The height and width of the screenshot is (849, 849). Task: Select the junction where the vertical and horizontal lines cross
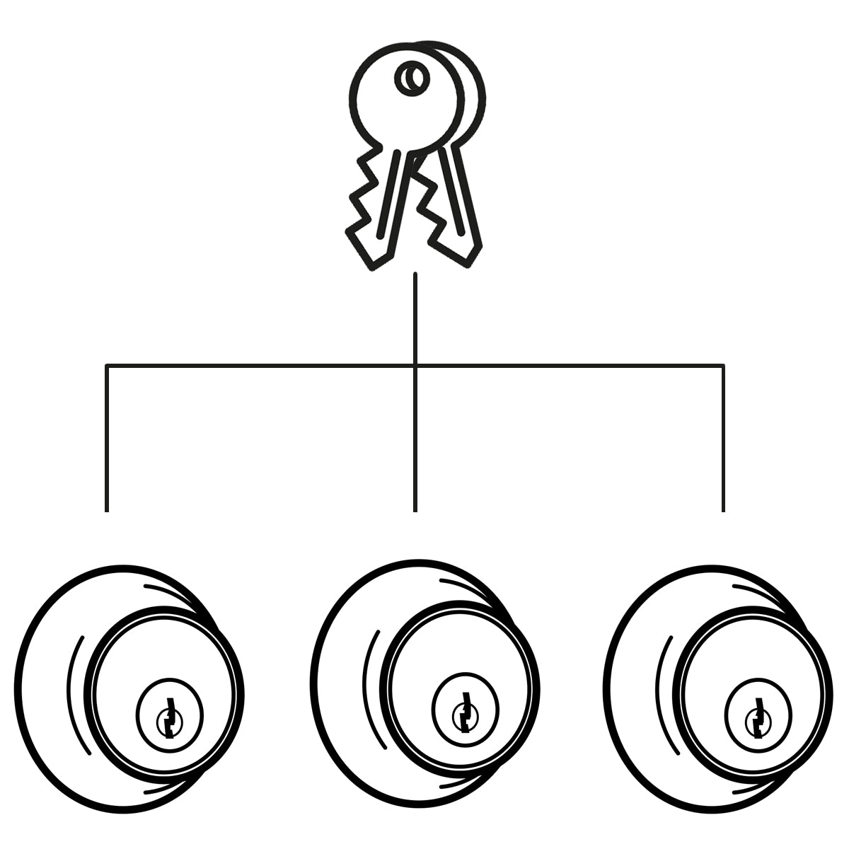[415, 366]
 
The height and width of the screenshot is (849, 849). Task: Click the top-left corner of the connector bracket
[107, 366]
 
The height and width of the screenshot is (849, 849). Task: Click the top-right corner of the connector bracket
[723, 366]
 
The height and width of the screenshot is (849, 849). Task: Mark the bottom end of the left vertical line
[107, 509]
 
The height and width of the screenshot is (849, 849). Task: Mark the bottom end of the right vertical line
[723, 509]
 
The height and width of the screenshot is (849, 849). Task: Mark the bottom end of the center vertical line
[415, 509]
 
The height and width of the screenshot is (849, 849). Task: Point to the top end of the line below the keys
[415, 274]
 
